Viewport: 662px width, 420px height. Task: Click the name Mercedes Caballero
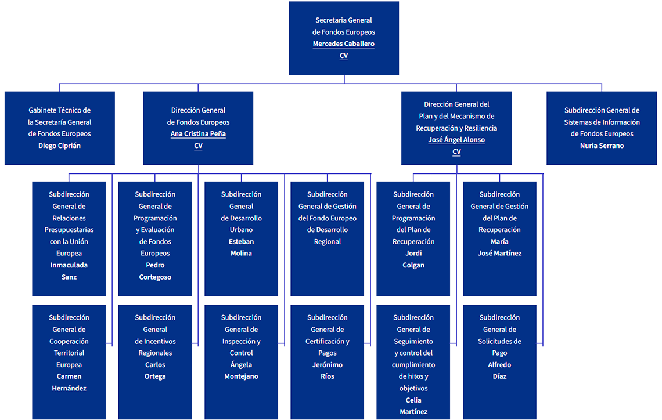point(344,44)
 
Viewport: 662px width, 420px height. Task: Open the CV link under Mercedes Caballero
point(344,55)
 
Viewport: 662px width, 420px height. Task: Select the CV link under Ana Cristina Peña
point(198,146)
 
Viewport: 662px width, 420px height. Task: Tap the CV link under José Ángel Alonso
point(456,151)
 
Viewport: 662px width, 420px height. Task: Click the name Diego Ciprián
point(60,146)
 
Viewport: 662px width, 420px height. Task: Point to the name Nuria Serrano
point(602,146)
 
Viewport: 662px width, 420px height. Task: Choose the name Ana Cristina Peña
point(198,133)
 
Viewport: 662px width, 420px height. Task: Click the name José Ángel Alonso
point(456,140)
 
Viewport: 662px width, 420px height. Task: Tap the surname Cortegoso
point(155,277)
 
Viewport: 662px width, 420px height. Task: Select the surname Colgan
point(413,265)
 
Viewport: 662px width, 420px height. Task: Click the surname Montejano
point(241,376)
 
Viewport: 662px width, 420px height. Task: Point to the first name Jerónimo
point(327,365)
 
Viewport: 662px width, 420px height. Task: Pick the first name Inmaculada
point(69,265)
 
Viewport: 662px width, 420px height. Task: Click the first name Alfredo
point(499,365)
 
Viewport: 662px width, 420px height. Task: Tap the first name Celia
point(413,400)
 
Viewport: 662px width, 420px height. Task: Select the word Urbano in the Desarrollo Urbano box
point(241,230)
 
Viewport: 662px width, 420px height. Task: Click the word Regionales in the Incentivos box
point(155,353)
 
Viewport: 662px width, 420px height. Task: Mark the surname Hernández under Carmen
point(69,388)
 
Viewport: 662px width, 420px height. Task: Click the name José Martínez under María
point(499,254)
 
